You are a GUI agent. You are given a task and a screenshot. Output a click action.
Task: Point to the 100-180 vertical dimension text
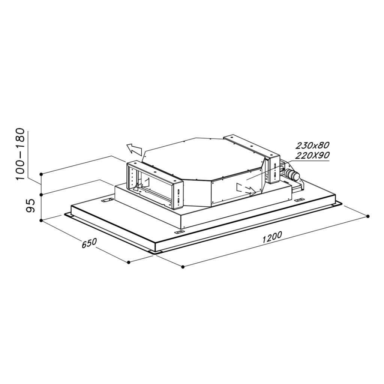point(20,154)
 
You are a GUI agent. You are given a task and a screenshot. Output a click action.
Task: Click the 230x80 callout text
point(312,145)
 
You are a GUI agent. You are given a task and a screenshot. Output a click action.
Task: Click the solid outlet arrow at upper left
point(134,149)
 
